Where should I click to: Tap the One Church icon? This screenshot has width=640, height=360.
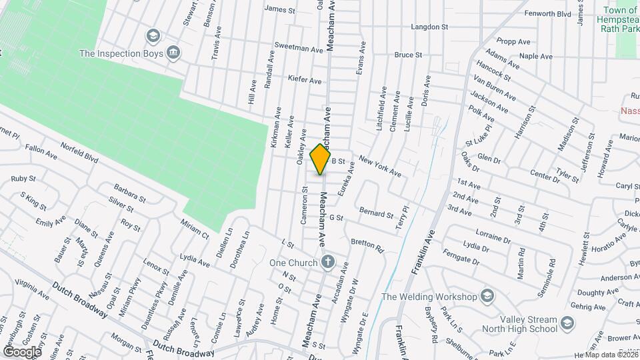[327, 262]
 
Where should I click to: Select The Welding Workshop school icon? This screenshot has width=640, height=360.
[487, 297]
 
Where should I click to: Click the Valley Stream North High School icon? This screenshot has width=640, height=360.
[567, 324]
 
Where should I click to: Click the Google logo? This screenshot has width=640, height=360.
[22, 351]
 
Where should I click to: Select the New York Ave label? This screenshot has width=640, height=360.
[379, 165]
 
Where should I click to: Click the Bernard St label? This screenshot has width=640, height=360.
[376, 214]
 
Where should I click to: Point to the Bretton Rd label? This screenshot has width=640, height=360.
[367, 246]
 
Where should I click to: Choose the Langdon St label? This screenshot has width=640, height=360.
[429, 27]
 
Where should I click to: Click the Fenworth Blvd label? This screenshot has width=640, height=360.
[547, 13]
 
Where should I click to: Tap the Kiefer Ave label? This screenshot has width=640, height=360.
[304, 80]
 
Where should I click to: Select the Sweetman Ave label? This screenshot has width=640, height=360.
[299, 49]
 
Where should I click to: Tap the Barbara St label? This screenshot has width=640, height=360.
[129, 193]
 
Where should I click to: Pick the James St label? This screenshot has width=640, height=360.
[279, 9]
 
